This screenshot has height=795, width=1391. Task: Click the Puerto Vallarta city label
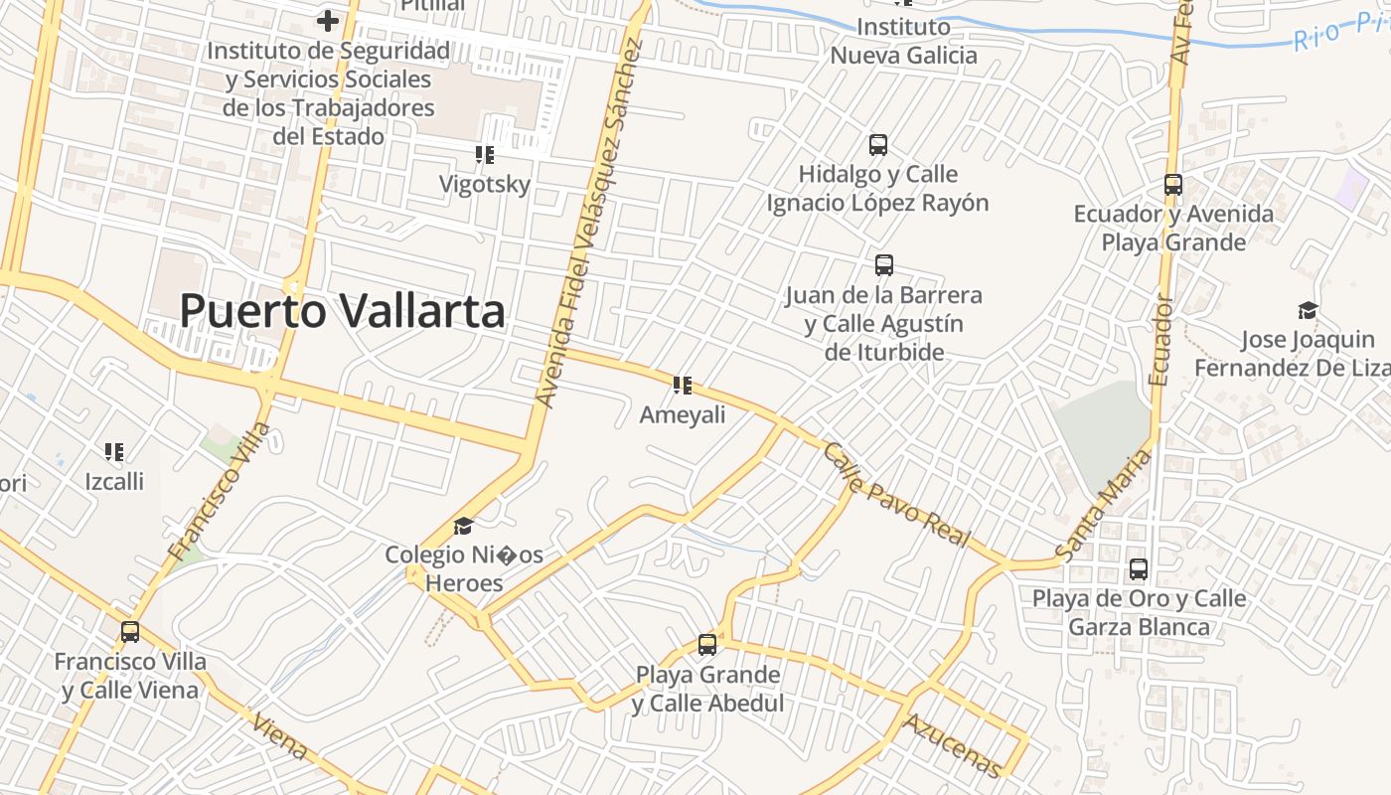[x=342, y=311]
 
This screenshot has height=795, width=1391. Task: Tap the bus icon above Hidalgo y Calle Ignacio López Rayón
[x=878, y=145]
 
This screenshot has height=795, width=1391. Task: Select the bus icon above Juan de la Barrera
[x=884, y=265]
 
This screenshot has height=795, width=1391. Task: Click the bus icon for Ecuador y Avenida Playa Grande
[x=1173, y=185]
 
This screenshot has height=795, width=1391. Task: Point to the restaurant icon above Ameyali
[x=682, y=386]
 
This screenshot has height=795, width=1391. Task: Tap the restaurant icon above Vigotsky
[x=485, y=155]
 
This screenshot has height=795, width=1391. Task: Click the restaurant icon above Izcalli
[x=114, y=453]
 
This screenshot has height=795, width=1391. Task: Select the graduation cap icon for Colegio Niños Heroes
[x=463, y=526]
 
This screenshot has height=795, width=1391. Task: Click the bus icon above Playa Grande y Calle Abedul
[x=707, y=645]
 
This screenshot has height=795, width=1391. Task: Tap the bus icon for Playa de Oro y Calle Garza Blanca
[x=1139, y=569]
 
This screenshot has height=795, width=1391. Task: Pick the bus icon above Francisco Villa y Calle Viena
[x=130, y=632]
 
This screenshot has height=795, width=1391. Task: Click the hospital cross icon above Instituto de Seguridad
[x=328, y=20]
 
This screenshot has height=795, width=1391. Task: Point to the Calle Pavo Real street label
[x=895, y=494]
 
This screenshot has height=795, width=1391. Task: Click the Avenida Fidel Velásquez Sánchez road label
[x=590, y=224]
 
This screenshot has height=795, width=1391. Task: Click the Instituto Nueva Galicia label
[x=903, y=41]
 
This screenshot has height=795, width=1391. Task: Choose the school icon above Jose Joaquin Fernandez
[x=1308, y=311]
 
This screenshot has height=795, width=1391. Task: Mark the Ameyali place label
[x=683, y=414]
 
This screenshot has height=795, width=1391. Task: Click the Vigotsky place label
[x=485, y=184]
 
